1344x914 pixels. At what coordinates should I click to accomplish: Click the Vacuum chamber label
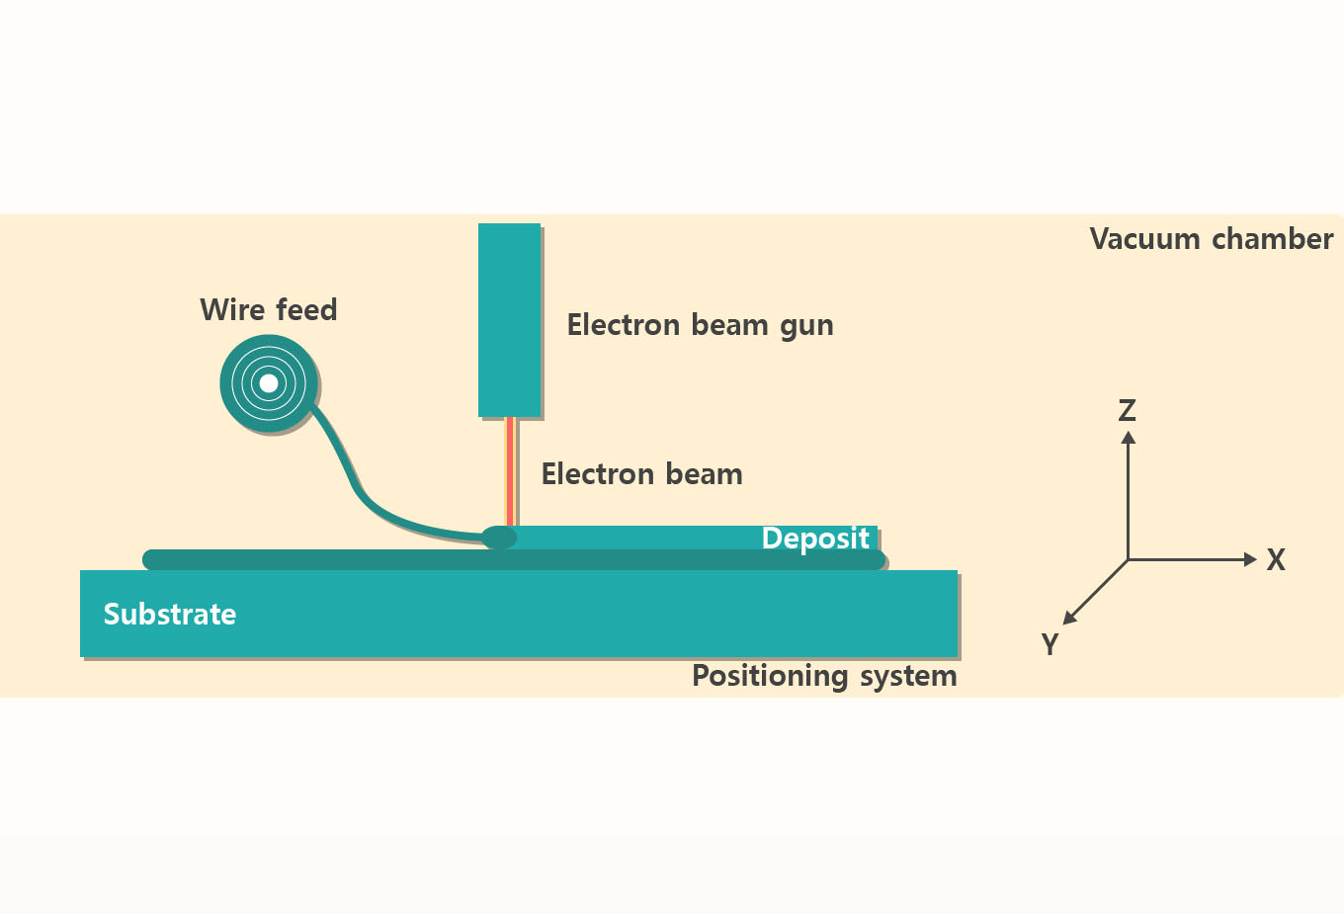tap(1211, 239)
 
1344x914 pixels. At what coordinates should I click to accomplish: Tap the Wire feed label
tap(269, 310)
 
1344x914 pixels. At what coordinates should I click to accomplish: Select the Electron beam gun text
tap(700, 325)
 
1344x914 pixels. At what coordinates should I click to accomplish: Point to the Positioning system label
tap(824, 676)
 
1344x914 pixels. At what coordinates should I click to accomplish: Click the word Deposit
tap(815, 539)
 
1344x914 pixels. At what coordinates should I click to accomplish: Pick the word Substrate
tap(170, 615)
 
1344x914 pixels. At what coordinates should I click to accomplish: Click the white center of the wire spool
tap(268, 383)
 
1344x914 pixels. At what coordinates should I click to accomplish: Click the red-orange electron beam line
tap(510, 470)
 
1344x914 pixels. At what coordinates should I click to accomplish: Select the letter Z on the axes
tap(1127, 410)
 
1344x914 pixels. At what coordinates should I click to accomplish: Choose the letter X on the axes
tap(1276, 560)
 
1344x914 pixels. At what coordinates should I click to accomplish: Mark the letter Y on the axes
tap(1050, 644)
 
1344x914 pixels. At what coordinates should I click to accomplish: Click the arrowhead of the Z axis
tap(1128, 437)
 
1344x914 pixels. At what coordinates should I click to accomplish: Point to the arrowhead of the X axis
tap(1250, 560)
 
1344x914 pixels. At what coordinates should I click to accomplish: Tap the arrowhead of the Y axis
tap(1069, 619)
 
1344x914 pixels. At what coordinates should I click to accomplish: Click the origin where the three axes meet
tap(1128, 560)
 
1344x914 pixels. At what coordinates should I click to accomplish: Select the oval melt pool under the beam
tap(499, 538)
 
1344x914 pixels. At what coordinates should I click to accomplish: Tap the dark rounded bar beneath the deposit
tap(296, 560)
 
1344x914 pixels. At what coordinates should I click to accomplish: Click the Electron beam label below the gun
tap(641, 474)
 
